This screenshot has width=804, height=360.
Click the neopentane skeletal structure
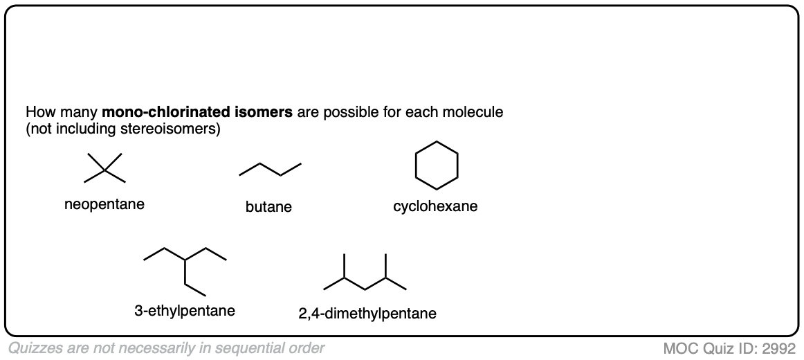tap(104, 168)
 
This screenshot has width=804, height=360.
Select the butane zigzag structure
tap(270, 170)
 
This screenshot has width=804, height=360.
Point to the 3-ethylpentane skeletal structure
tap(185, 267)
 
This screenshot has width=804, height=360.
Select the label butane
tap(268, 207)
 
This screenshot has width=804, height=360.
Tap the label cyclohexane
tap(435, 206)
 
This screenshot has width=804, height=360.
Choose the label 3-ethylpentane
tap(185, 311)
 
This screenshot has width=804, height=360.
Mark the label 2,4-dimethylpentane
tap(367, 314)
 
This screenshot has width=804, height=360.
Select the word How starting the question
tap(38, 112)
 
